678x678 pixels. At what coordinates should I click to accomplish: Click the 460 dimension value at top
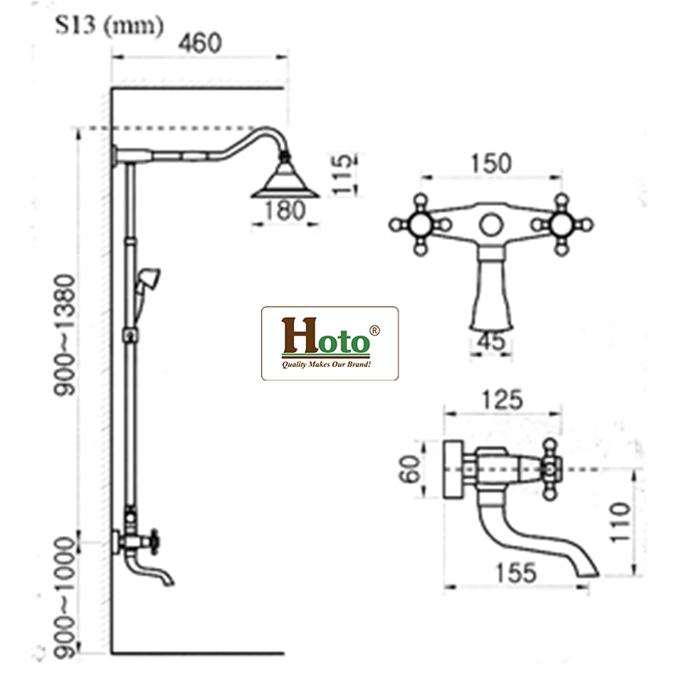click(200, 43)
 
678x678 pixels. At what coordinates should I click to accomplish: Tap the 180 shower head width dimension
click(285, 211)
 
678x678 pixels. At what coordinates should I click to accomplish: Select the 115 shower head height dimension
click(343, 174)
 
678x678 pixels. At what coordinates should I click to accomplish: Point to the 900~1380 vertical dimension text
click(64, 335)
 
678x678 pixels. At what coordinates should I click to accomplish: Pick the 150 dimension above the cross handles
click(491, 164)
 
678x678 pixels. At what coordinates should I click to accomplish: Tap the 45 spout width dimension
click(492, 342)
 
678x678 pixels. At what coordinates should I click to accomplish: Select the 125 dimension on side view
click(503, 400)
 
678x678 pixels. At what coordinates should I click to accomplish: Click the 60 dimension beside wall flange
click(409, 469)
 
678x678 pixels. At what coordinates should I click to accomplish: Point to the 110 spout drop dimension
click(620, 522)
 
